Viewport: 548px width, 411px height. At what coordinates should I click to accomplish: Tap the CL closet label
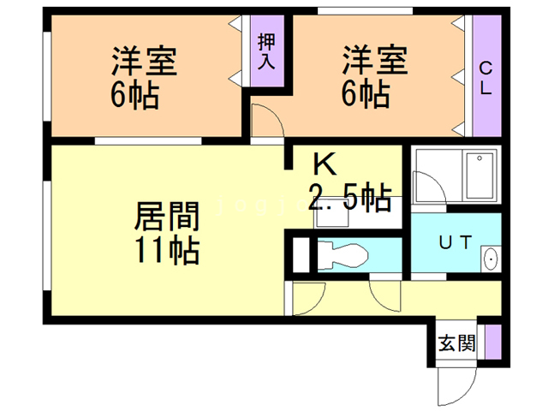point(485,78)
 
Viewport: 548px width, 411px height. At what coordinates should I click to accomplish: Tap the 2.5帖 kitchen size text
point(349,198)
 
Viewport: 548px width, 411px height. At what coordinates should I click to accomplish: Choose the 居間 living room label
point(166,215)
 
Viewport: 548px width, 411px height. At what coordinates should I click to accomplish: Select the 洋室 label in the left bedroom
point(144,63)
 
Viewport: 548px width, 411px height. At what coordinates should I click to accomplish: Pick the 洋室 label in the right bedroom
point(375,62)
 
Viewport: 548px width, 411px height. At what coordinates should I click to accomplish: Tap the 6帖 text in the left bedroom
point(134,93)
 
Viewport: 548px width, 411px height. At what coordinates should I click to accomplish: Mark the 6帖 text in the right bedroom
point(366,92)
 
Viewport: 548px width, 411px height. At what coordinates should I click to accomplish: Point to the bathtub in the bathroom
point(479,176)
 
